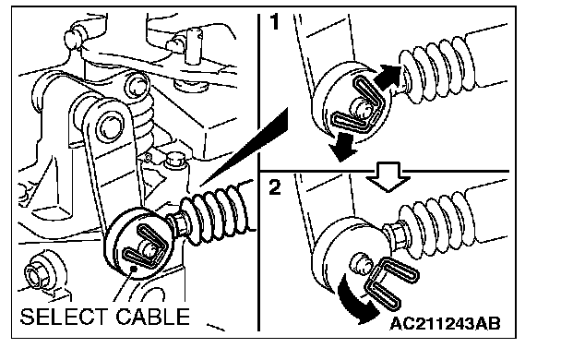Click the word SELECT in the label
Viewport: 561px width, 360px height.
64,317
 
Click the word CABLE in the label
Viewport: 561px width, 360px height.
152,317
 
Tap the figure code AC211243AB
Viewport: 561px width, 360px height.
445,324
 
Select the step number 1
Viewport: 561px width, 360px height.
274,22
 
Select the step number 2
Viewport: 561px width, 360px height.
275,187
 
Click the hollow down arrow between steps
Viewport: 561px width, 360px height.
388,178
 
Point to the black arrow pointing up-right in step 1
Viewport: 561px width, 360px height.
388,77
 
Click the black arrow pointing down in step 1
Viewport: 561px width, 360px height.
343,147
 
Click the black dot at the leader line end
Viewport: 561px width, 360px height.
134,269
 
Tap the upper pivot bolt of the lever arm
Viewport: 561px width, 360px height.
137,86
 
